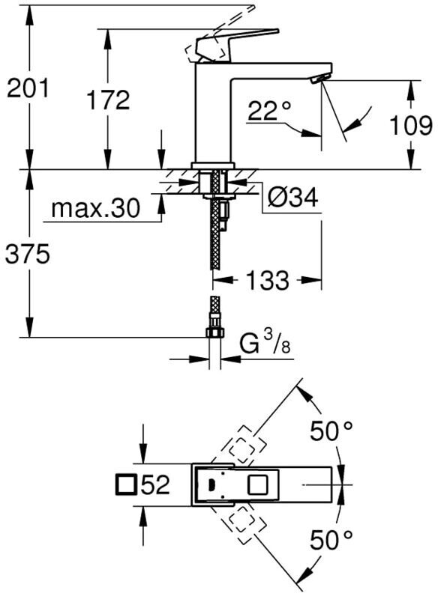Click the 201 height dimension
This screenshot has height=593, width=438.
(28, 89)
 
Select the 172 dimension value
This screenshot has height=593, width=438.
(108, 100)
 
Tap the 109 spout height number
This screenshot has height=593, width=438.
(411, 126)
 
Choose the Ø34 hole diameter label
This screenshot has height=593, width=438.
(292, 197)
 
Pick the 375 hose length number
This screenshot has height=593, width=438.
(27, 254)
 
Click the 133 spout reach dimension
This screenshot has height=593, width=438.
(267, 280)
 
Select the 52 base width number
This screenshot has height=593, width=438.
(155, 484)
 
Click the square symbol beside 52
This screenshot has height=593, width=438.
(126, 484)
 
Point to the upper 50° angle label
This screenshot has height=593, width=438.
(331, 431)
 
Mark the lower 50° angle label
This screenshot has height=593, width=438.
(331, 540)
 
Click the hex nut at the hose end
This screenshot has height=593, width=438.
(214, 332)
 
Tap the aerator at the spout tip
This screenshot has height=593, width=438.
(319, 79)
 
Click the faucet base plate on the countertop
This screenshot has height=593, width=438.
(213, 165)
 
